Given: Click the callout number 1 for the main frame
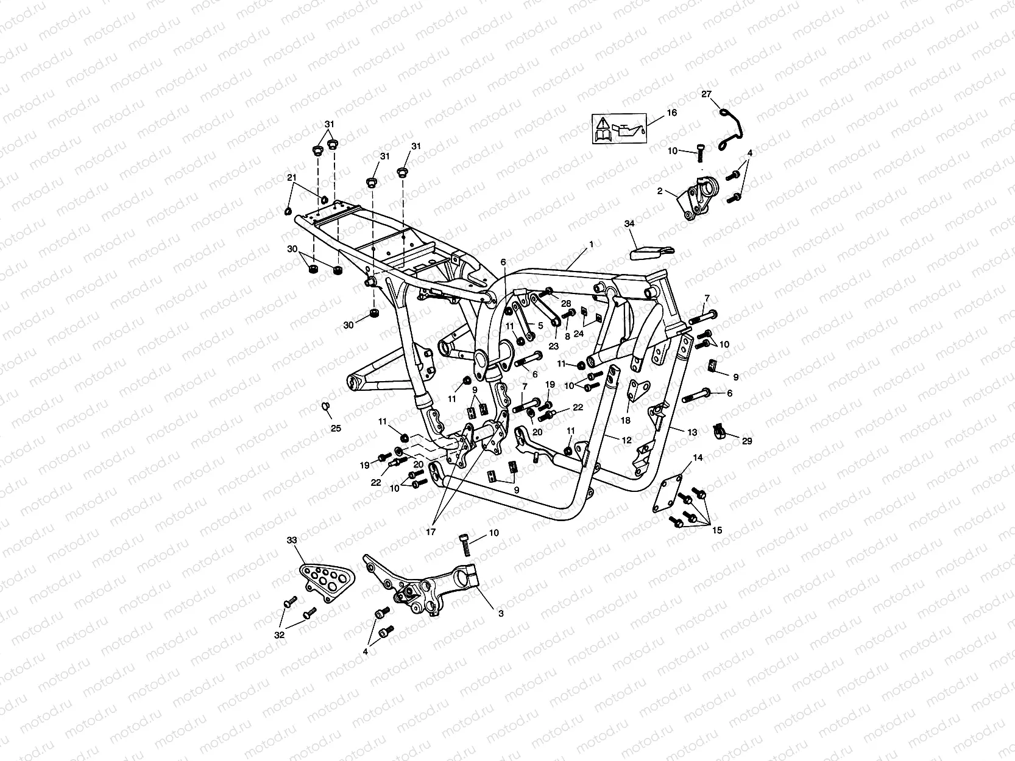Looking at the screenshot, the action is [x=591, y=244].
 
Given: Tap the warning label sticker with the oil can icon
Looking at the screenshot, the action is [x=620, y=129].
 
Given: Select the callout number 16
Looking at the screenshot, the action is [x=671, y=112].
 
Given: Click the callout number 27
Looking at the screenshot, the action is [x=706, y=94].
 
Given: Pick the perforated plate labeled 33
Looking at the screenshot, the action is [x=327, y=582].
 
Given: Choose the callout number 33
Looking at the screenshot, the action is [x=292, y=539].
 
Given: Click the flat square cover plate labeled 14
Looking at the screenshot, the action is [x=667, y=495].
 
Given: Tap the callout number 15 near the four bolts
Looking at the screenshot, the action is [x=716, y=530].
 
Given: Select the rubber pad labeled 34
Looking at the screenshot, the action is [x=652, y=253].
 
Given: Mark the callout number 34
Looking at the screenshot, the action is [x=629, y=223].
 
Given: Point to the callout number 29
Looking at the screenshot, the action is [x=747, y=441].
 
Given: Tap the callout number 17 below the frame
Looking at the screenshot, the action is [x=431, y=532].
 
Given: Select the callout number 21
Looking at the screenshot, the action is [x=291, y=177].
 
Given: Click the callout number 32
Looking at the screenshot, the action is [x=279, y=635].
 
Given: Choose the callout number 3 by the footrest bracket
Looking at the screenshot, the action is [x=501, y=614].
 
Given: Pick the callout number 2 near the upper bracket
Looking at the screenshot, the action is [x=660, y=191].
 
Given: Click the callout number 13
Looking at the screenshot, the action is [x=691, y=432].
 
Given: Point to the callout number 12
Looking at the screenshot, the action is [x=626, y=440].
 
